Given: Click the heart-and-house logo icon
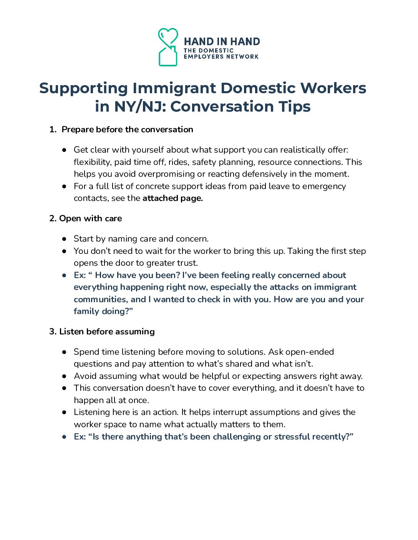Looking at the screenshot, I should click(x=168, y=47).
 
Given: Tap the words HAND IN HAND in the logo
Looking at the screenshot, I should click(x=222, y=41).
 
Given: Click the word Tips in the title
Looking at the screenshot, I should click(x=295, y=106).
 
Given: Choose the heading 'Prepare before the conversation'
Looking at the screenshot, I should click(x=127, y=129).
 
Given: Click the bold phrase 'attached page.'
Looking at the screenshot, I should click(x=173, y=198).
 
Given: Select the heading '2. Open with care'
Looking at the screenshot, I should click(x=86, y=218).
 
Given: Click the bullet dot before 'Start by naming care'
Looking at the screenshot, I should click(x=65, y=239).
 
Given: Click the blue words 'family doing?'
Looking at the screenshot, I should click(x=103, y=311).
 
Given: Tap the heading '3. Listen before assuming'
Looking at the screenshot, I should click(x=102, y=331).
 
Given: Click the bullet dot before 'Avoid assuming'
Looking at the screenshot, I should click(x=65, y=376).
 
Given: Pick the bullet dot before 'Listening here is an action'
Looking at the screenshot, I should click(x=65, y=412).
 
